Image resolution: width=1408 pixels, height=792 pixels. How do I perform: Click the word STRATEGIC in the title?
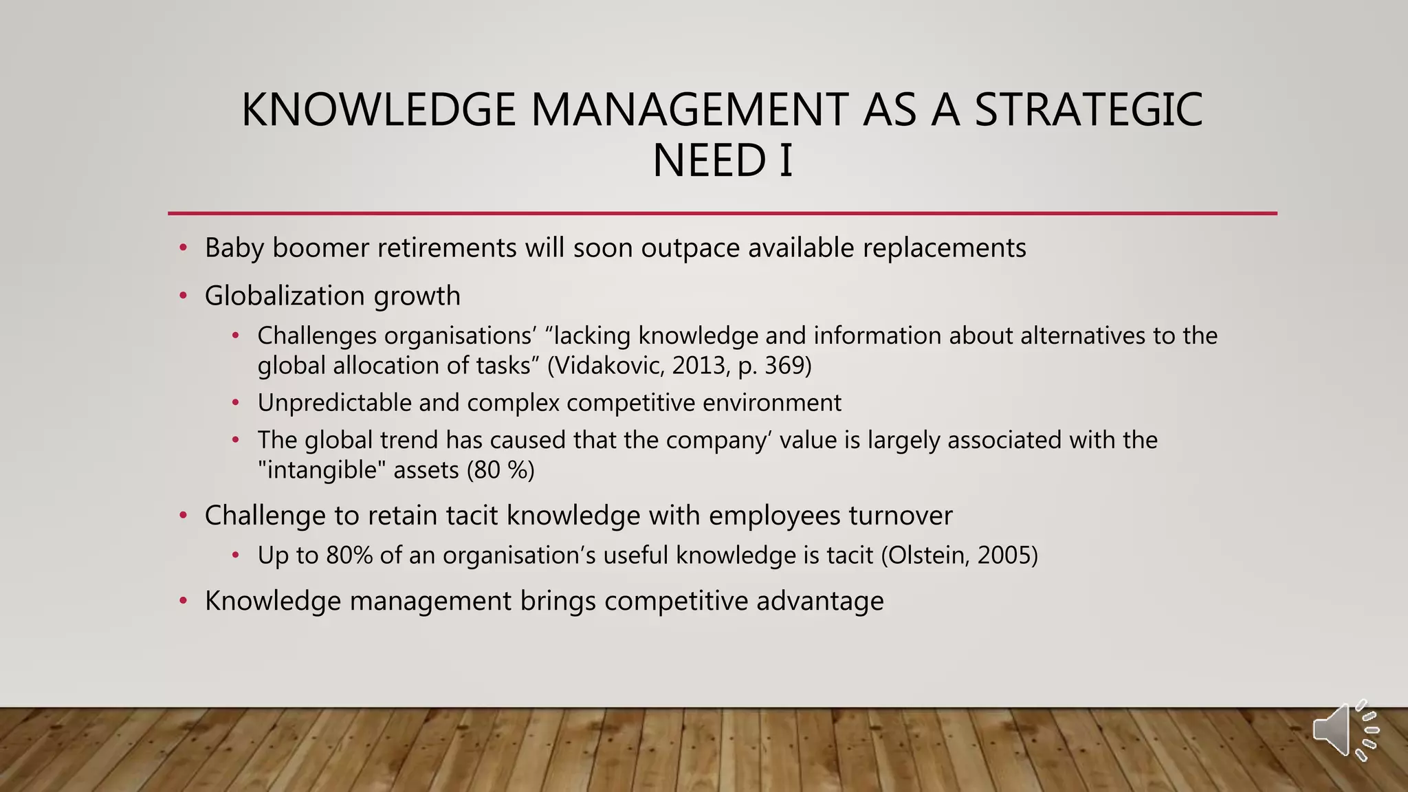1088,110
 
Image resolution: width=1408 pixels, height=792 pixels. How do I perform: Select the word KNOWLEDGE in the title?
378,110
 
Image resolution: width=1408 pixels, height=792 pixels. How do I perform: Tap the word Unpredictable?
334,403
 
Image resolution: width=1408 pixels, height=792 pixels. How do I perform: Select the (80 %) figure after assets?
500,470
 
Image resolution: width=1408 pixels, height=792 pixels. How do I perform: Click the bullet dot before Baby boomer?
183,248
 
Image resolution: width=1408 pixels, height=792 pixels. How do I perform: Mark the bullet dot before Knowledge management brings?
183,601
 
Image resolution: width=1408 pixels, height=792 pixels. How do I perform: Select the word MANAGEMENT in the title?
689,110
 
